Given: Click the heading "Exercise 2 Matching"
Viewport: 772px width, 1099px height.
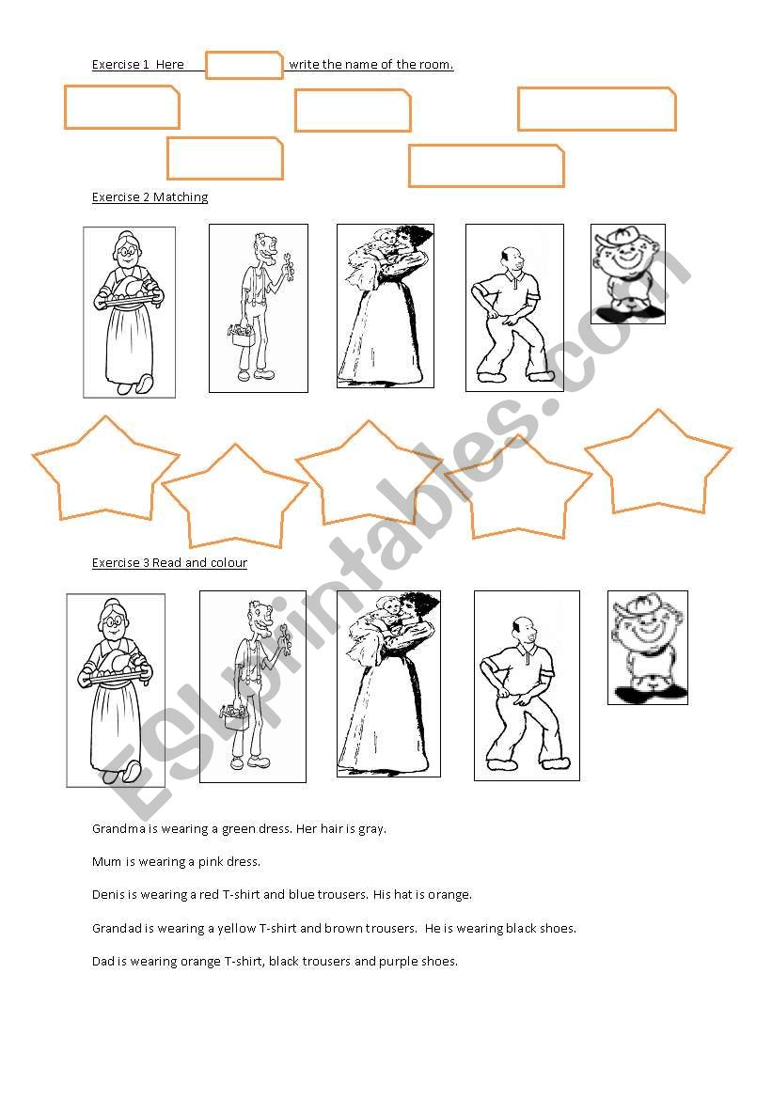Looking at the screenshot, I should tap(150, 197).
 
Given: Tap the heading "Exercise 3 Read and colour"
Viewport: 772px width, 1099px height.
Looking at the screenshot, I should tap(169, 563).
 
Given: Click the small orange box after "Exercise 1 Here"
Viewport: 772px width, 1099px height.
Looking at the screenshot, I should tap(244, 65).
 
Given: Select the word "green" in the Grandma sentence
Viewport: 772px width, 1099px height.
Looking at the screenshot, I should tap(239, 829).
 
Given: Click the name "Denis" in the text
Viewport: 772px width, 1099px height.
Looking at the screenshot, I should tap(110, 895).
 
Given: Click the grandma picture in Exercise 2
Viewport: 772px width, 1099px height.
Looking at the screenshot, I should tap(129, 312).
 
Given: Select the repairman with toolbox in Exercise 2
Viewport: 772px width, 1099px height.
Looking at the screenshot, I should tap(258, 307).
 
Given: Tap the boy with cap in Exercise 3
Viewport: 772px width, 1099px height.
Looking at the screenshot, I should tap(647, 647).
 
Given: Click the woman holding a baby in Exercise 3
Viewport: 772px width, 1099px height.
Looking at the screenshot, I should tap(388, 683).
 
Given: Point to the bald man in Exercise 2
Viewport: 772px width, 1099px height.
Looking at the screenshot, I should tap(513, 307).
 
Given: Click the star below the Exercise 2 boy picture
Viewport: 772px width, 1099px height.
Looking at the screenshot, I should tap(657, 465).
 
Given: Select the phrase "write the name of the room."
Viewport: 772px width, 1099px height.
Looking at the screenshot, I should tap(370, 65).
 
